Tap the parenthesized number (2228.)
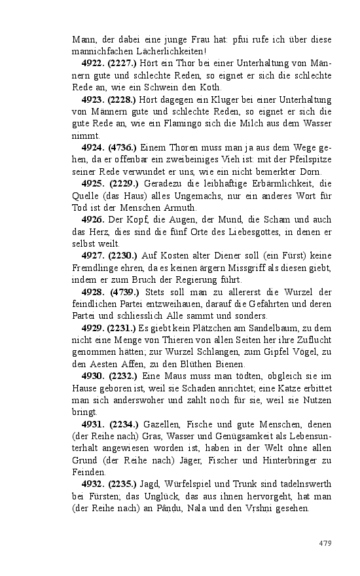(122, 99)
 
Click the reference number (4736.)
(122, 148)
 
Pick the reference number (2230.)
(122, 257)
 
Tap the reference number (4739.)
(122, 293)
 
